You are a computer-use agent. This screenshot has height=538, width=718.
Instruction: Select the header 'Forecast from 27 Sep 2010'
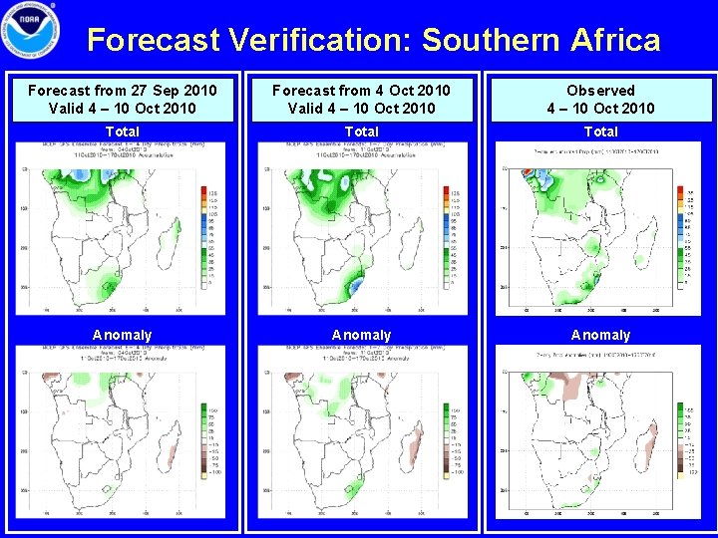coord(122,91)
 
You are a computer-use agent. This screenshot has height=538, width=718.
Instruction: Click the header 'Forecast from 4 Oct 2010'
coord(361,91)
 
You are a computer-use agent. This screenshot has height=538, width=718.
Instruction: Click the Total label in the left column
coord(122,132)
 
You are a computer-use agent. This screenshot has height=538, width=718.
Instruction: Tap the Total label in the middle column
coord(361,132)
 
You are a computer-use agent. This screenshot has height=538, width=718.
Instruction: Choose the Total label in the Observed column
coord(600,132)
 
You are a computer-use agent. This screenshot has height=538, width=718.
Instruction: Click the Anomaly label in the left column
coord(122,335)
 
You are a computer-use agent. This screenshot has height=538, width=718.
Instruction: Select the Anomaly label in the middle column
coord(361,335)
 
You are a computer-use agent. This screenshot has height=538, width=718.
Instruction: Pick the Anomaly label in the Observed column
coord(600,335)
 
